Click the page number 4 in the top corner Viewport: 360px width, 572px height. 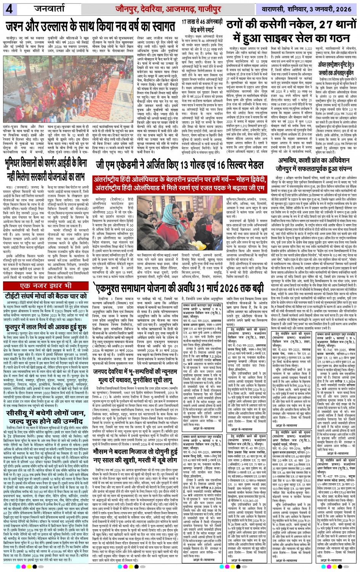(8, 8)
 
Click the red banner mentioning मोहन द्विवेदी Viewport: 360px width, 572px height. (180, 183)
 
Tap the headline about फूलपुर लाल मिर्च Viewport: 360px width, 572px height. (46, 327)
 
